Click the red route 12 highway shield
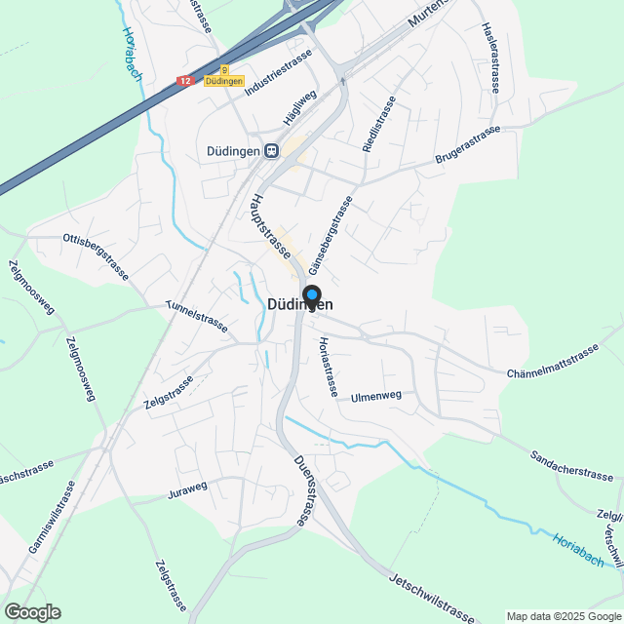point(186,82)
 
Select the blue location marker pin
point(311,295)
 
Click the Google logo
point(31,611)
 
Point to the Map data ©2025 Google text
point(563,616)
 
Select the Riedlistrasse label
point(378,124)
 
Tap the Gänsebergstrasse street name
point(331,234)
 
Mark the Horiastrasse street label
point(328,366)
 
